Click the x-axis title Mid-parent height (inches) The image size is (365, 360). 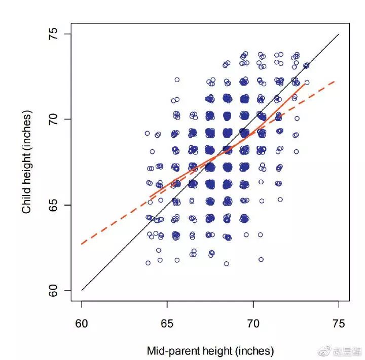[210, 351]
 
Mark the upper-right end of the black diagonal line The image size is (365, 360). [339, 34]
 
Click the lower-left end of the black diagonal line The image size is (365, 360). [81, 291]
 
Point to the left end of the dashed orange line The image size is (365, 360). [81, 245]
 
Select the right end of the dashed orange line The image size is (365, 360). [335, 81]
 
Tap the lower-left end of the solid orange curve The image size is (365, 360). [150, 197]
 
